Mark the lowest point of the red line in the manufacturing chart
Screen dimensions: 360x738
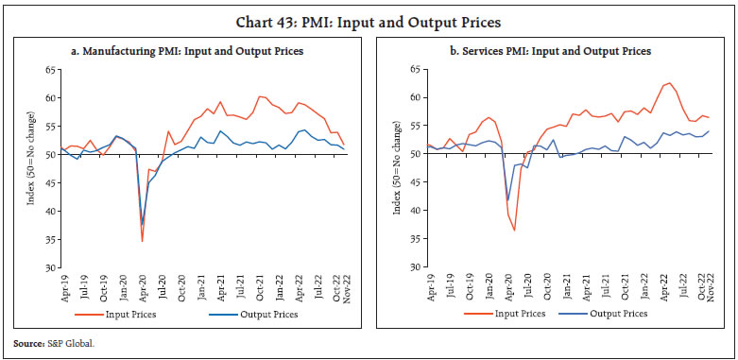click(142, 241)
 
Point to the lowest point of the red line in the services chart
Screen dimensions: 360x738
click(515, 231)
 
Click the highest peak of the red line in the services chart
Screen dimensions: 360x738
click(670, 83)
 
